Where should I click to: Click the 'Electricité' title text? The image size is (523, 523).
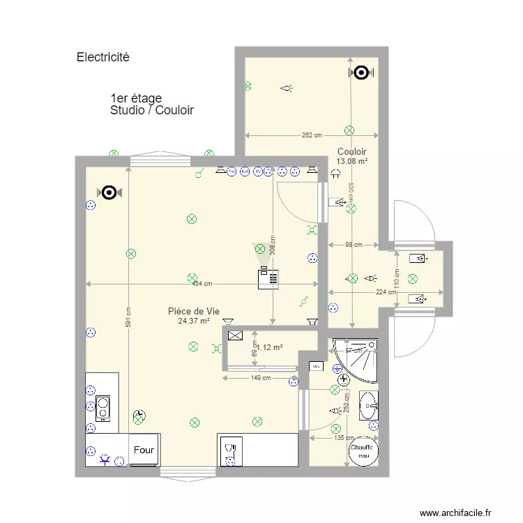click(x=103, y=58)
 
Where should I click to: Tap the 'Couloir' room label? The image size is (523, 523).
click(x=351, y=151)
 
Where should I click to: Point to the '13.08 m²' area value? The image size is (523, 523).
click(x=351, y=161)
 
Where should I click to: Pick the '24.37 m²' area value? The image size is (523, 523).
click(x=194, y=321)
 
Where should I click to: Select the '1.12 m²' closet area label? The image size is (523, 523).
click(x=270, y=347)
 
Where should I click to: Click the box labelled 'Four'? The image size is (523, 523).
click(x=144, y=450)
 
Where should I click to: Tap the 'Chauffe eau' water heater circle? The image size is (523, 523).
click(x=363, y=451)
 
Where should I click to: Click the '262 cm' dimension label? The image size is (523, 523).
click(x=312, y=135)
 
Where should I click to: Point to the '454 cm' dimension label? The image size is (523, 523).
click(x=202, y=284)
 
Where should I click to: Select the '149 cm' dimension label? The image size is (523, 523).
click(x=260, y=378)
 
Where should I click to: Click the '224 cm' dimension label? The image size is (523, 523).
click(x=384, y=292)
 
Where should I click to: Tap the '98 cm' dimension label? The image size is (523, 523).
click(x=354, y=245)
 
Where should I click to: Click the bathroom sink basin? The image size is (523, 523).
click(x=369, y=405)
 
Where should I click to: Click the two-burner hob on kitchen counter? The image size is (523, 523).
click(x=103, y=409)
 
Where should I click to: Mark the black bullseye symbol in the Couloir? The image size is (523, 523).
click(x=361, y=72)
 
